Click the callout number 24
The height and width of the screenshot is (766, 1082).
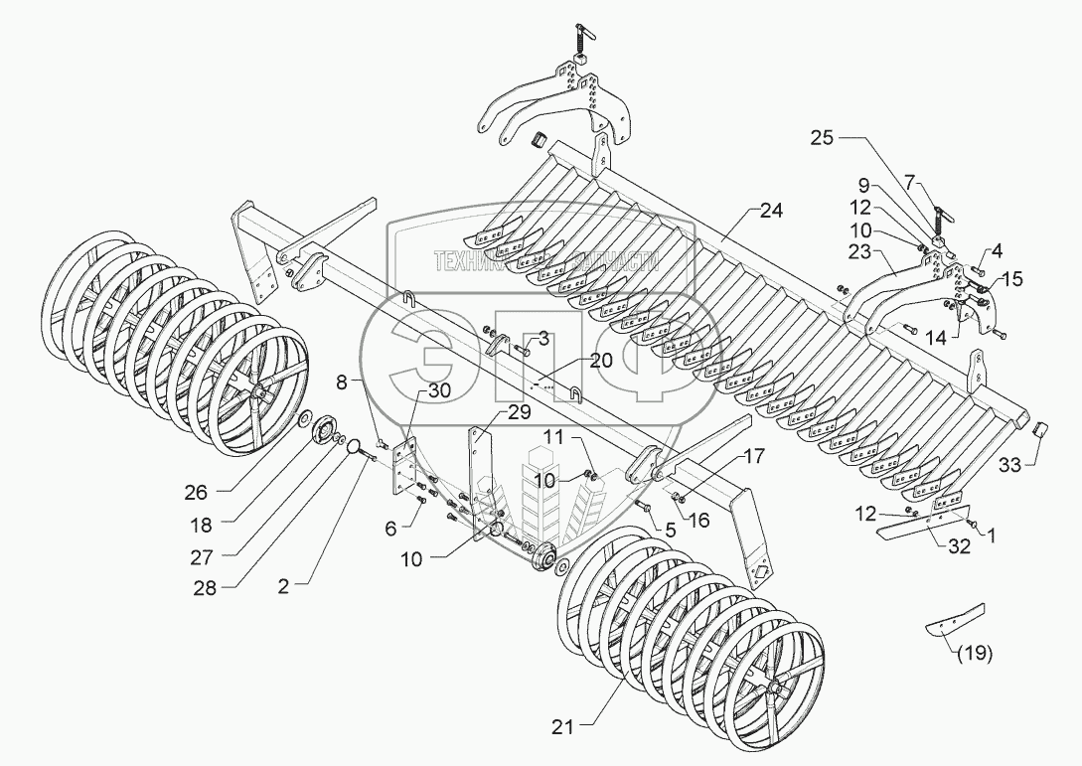(771, 210)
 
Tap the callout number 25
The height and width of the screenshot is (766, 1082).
(822, 140)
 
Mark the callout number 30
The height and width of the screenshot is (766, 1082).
(438, 391)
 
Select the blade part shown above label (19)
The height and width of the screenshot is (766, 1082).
(955, 619)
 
